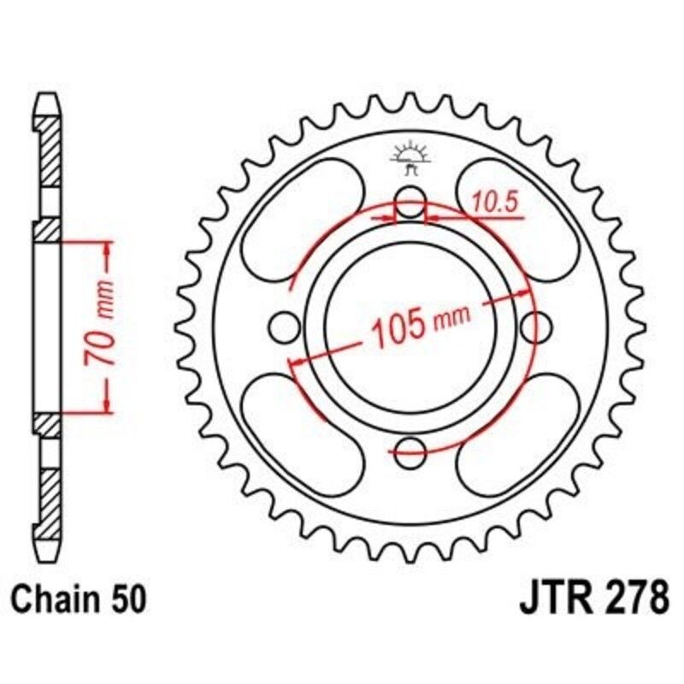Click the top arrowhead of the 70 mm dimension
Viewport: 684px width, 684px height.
109,248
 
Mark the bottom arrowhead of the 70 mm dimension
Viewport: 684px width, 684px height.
109,406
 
